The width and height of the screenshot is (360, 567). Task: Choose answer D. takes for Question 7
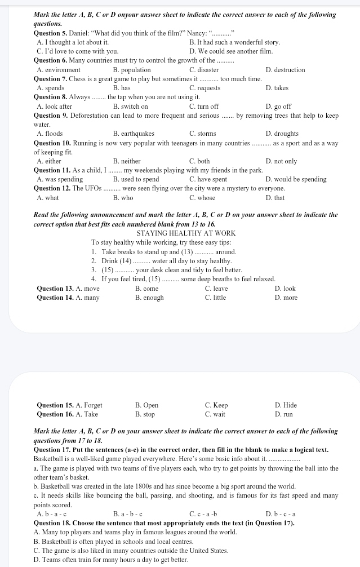(x=277, y=88)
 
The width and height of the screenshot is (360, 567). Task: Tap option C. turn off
(x=204, y=107)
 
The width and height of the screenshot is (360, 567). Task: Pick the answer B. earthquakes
(x=134, y=134)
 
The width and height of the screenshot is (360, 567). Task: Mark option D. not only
(x=281, y=161)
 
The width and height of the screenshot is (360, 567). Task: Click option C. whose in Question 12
(x=202, y=198)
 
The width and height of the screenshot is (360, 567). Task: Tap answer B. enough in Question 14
(x=149, y=298)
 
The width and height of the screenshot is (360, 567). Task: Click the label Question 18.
(x=53, y=523)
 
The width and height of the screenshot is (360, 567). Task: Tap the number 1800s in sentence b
(x=172, y=486)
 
